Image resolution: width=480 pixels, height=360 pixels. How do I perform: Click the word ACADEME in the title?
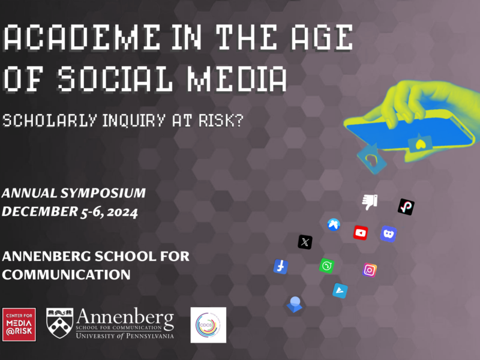(x=83, y=40)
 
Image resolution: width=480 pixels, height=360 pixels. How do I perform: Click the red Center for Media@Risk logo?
(x=19, y=325)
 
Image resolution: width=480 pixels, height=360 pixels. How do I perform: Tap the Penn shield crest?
(x=60, y=324)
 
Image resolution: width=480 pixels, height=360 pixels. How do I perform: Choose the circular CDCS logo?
(x=208, y=325)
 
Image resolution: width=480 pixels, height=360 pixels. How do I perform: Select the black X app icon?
(x=305, y=242)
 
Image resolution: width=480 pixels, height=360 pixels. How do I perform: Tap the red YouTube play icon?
(x=360, y=232)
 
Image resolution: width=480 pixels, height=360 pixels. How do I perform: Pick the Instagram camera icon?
(x=370, y=270)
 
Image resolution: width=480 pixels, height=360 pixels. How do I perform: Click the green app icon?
(x=326, y=265)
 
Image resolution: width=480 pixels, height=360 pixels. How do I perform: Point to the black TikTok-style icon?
(x=406, y=207)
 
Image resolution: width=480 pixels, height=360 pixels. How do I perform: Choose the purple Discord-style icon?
(x=388, y=233)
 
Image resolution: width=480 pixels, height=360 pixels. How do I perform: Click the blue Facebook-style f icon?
(x=280, y=266)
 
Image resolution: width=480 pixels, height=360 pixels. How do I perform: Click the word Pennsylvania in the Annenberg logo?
(x=144, y=336)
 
